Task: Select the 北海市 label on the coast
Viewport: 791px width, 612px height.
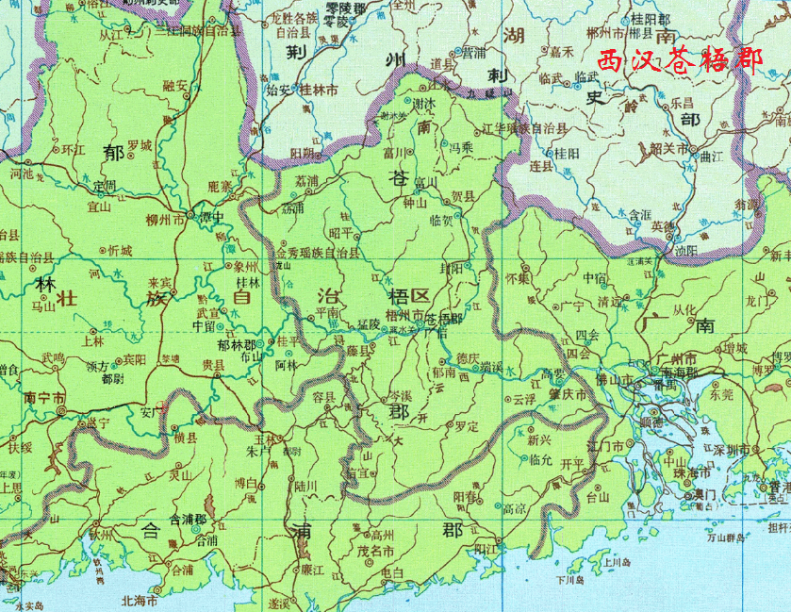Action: tap(141, 600)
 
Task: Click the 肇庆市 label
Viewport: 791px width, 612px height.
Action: tap(569, 394)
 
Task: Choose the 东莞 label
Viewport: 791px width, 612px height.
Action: tap(720, 396)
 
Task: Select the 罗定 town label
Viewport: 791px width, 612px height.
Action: tap(466, 426)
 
